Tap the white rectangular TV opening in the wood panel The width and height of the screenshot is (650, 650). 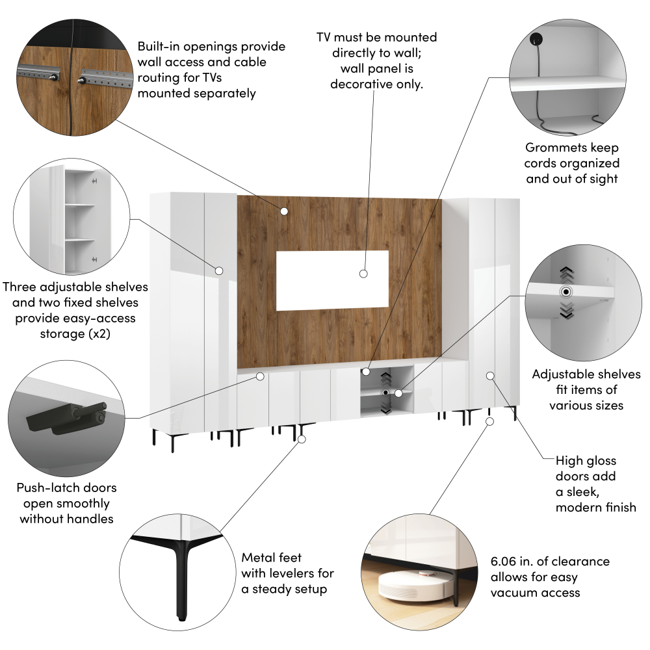pos(332,280)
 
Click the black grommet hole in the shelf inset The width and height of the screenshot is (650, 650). pos(536,40)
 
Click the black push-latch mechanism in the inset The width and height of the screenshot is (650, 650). pos(67,418)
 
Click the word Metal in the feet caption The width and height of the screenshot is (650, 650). pos(255,558)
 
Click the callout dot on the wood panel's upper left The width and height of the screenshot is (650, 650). pos(284,211)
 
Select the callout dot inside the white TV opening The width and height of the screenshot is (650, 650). pos(363,274)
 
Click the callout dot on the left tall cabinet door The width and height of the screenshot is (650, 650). pos(219,270)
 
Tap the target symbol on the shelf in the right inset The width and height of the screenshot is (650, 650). pos(566,292)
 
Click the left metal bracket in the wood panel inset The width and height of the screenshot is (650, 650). pos(38,74)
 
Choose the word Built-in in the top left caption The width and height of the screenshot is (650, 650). pos(159,46)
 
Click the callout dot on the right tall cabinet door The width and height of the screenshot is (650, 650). pos(490,376)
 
